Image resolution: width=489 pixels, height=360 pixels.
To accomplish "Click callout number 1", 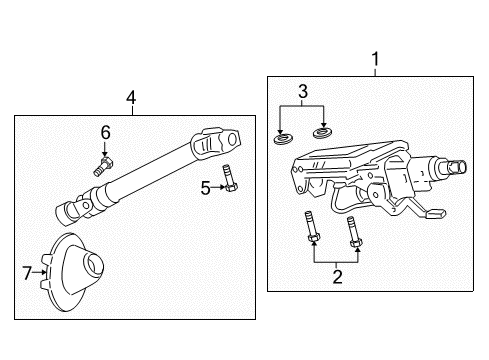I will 375,60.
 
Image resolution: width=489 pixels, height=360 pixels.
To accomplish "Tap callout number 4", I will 130,97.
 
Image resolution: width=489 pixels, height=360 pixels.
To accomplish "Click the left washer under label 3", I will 283,135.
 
